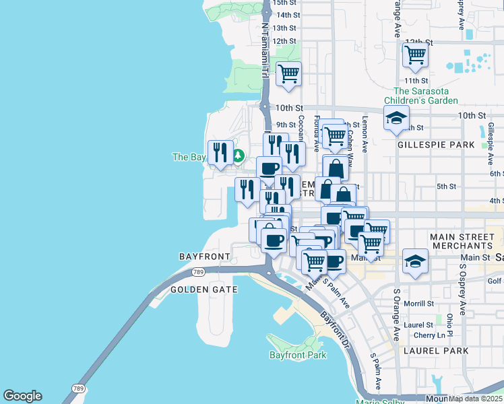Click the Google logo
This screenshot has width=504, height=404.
pos(22,396)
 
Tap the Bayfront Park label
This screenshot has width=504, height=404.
pos(297,355)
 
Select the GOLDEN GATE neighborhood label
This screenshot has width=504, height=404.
pos(203,289)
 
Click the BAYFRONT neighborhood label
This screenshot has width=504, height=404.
pos(205,257)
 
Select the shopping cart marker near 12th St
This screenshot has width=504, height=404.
pos(415,55)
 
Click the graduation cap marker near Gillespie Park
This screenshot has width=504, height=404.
pos(397,118)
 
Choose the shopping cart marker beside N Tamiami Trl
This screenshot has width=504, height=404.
pos(288,73)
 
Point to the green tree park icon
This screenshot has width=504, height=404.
pos(238,156)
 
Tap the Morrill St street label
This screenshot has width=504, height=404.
pos(418,304)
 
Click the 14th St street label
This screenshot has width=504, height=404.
pos(288,15)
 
